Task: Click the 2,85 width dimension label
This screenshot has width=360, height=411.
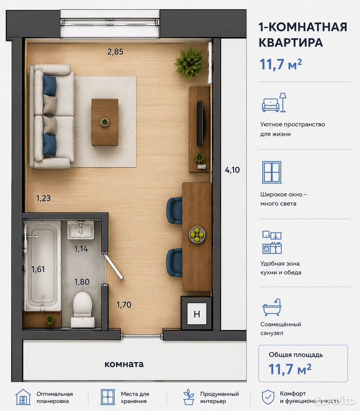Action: tap(115, 52)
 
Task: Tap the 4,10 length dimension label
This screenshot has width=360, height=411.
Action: tap(232, 170)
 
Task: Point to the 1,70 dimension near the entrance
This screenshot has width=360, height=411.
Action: tap(124, 304)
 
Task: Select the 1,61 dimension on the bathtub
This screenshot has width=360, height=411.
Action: tap(38, 269)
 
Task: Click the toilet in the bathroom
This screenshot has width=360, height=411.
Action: tap(83, 310)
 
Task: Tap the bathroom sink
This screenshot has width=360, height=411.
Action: tap(80, 229)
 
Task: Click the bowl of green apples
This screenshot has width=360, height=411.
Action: tap(197, 235)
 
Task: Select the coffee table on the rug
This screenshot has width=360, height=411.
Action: tap(105, 122)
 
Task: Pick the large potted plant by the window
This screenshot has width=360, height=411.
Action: tap(190, 63)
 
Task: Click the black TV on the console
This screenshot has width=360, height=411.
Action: tap(200, 123)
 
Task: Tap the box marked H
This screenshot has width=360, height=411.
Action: tap(196, 313)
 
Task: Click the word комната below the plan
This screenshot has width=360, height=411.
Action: tap(124, 364)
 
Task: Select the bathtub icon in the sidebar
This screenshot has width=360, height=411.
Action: tap(272, 307)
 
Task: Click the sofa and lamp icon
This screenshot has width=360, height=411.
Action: tap(274, 102)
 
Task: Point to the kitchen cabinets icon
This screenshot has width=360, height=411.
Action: tap(272, 242)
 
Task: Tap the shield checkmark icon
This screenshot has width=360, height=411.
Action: tap(268, 397)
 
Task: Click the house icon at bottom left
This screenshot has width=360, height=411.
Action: tap(23, 397)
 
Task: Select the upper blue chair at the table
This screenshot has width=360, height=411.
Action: tap(175, 211)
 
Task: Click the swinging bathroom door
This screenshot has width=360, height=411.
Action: tap(113, 265)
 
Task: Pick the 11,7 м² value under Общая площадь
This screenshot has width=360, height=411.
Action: tap(290, 369)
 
